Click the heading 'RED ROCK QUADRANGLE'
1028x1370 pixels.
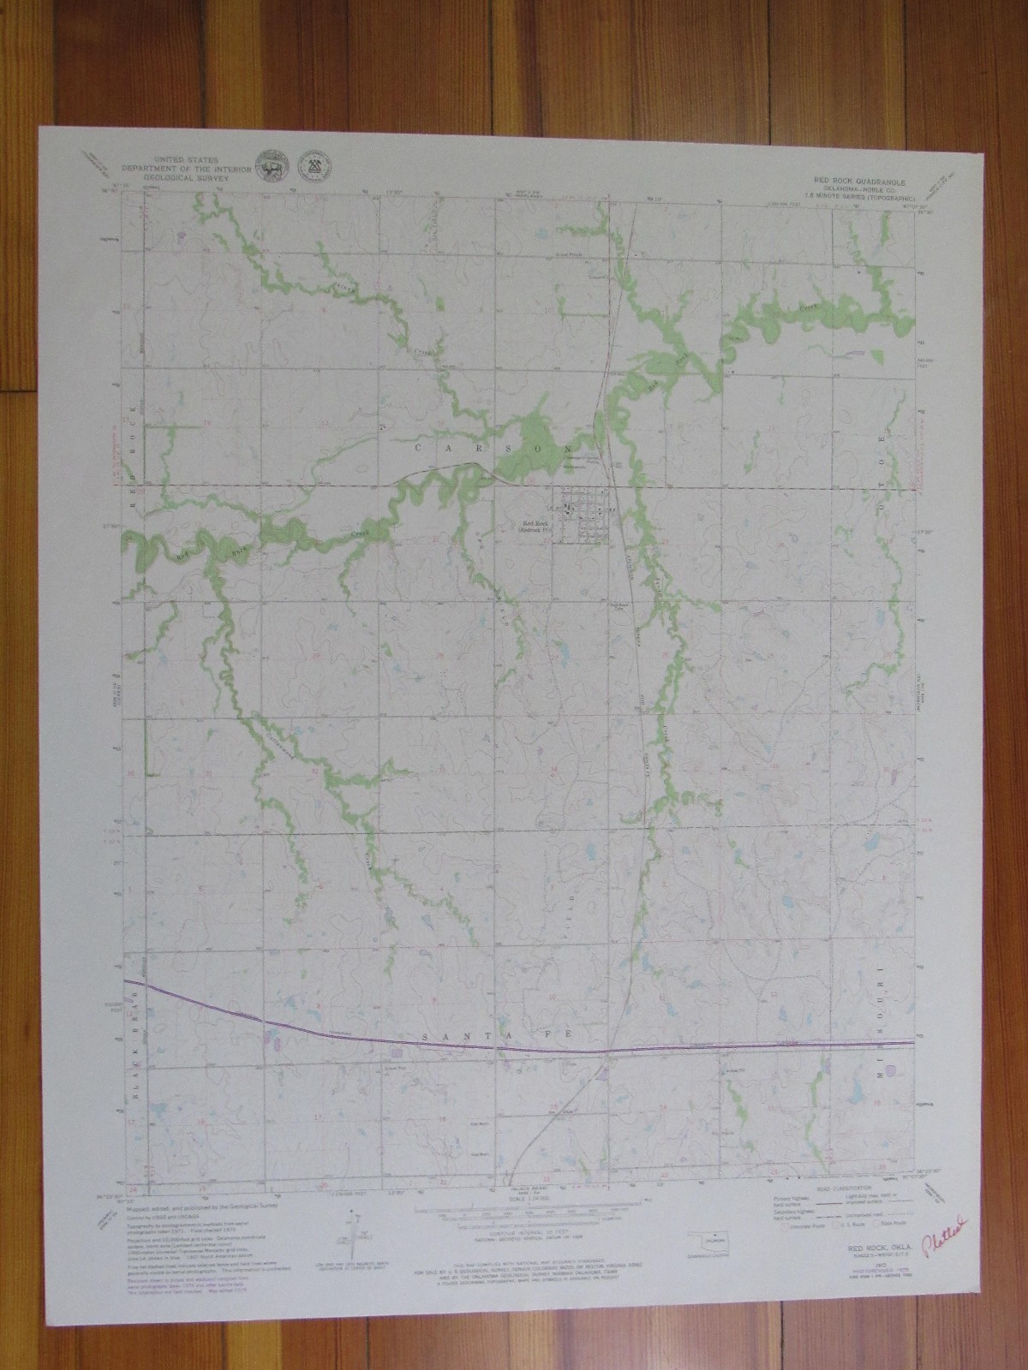[x=865, y=182]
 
